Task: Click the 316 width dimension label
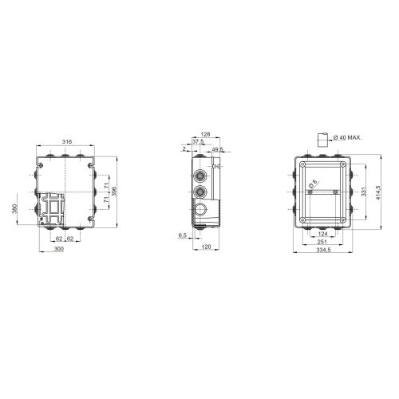(x=66, y=141)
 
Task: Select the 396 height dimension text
(x=115, y=192)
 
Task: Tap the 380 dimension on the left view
(x=15, y=209)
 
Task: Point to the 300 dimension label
(x=59, y=250)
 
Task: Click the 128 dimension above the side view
(x=205, y=135)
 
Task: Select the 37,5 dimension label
(x=197, y=142)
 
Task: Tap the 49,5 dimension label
(x=217, y=149)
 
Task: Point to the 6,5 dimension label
(x=183, y=235)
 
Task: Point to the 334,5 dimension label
(x=322, y=250)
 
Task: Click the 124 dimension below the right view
(x=322, y=234)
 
